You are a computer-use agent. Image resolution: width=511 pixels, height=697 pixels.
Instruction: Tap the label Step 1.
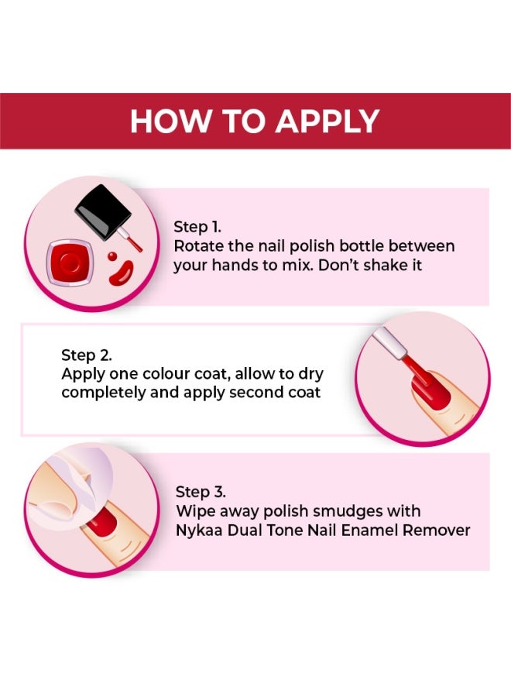pyautogui.click(x=197, y=227)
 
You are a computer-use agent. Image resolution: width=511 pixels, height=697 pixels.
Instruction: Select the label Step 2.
pyautogui.click(x=86, y=355)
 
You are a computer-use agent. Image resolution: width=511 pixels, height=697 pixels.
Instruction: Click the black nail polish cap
pyautogui.click(x=102, y=211)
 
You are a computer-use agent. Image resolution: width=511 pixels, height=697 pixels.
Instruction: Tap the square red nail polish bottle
pyautogui.click(x=70, y=263)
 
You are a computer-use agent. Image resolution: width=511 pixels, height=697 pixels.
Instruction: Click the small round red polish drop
pyautogui.click(x=112, y=256)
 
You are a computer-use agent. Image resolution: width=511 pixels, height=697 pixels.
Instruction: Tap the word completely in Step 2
pyautogui.click(x=101, y=393)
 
